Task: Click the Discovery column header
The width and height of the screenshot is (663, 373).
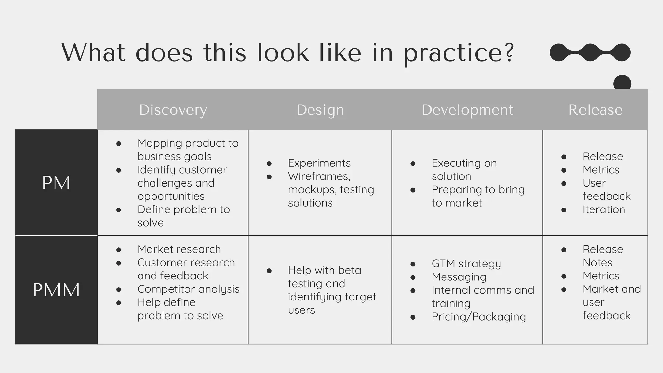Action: point(173,110)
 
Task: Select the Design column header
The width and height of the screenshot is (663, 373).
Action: point(320,110)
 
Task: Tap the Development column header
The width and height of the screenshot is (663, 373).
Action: point(467,110)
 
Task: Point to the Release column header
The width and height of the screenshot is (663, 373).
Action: point(595,110)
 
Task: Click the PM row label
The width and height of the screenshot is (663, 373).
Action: point(56,183)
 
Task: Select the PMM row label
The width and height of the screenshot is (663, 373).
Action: point(56,289)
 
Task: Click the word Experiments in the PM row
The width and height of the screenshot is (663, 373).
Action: point(319,163)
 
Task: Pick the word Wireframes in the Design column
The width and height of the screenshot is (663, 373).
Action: point(319,176)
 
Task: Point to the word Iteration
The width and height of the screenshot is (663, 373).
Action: point(603,209)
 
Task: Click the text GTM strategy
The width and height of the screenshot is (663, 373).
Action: point(466,264)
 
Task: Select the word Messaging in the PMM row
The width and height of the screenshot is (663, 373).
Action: point(459,277)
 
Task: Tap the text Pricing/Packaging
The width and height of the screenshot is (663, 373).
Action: point(478,317)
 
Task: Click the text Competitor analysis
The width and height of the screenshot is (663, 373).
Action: point(188,289)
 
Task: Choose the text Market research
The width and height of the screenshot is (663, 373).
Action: point(179,249)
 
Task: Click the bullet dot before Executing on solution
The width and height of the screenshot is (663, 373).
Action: point(413,164)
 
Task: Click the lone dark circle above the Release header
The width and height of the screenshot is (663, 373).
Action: point(622,83)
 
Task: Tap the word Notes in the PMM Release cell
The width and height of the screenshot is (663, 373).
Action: point(597,262)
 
